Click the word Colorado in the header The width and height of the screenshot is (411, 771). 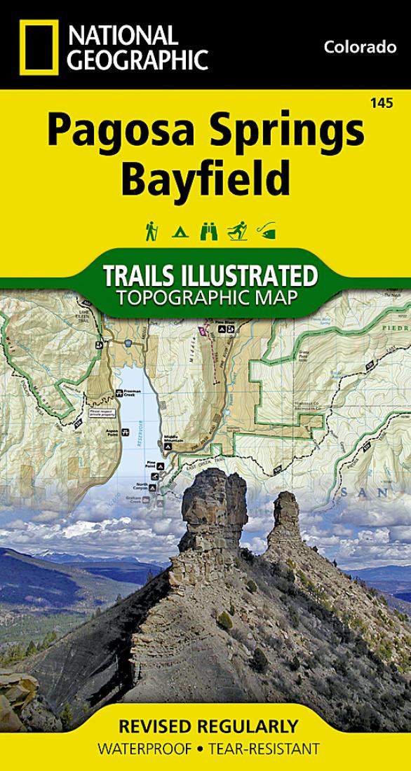click(x=361, y=48)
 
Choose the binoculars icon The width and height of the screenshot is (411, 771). click(x=208, y=231)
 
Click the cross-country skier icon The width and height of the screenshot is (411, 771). click(x=236, y=231)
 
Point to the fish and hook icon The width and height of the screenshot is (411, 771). click(x=267, y=231)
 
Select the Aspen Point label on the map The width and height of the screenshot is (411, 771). click(x=110, y=433)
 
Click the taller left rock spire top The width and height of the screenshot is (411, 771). click(x=208, y=480)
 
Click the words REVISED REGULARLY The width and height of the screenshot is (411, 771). click(x=205, y=727)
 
